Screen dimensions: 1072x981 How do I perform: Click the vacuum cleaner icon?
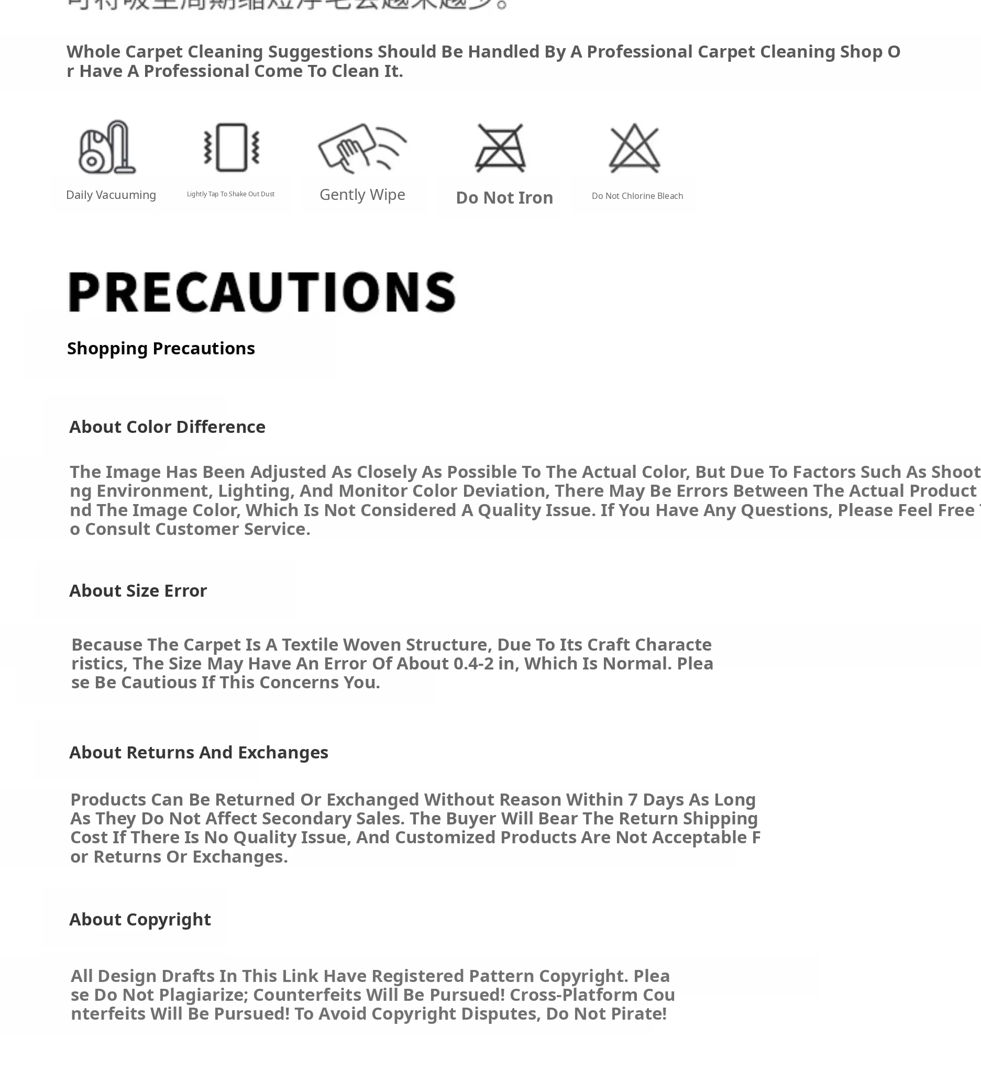107,147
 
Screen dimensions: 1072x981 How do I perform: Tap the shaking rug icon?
232,147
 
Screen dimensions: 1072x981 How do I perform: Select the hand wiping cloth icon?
362,147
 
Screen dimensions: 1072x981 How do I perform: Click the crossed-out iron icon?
500,148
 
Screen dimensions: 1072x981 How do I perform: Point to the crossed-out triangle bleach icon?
634,148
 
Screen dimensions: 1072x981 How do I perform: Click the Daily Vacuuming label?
111,195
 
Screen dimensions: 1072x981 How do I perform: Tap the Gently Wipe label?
362,195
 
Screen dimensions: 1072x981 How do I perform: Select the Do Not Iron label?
504,198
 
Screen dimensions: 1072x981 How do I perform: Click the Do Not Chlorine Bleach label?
637,196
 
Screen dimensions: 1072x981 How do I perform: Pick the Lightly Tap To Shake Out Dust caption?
230,194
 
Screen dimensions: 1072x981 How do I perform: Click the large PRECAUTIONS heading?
262,292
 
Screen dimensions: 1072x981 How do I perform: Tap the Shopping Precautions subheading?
161,348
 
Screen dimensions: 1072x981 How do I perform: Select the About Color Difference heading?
167,427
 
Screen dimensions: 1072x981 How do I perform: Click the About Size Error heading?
138,591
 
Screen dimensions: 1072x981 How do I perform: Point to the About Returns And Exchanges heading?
199,752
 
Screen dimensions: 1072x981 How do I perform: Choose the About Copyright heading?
140,919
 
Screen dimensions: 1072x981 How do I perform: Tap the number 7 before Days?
633,800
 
